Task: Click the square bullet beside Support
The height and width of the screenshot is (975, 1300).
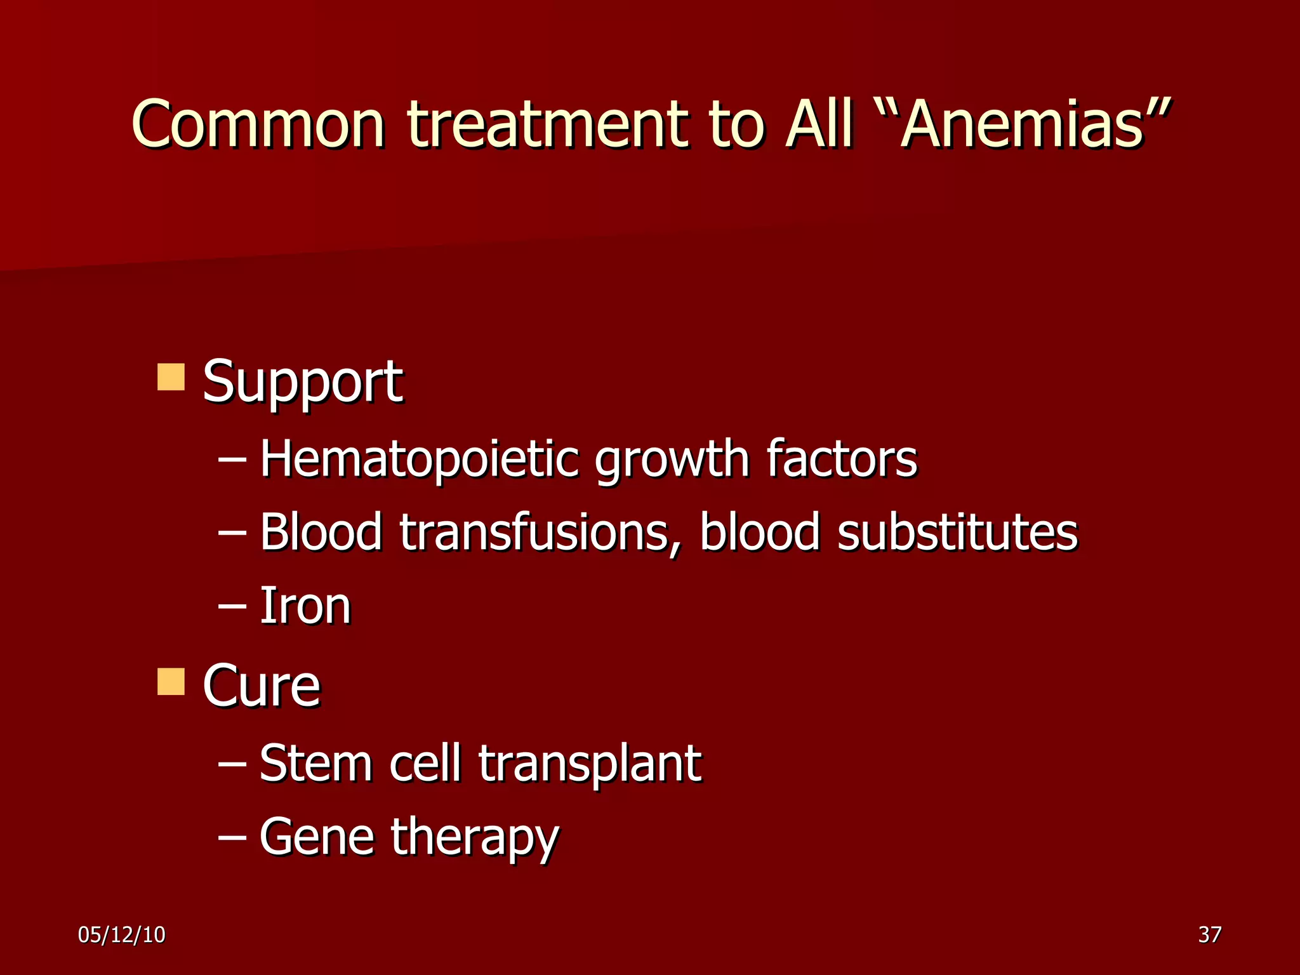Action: [x=171, y=377]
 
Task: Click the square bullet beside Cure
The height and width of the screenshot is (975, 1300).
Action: [x=171, y=681]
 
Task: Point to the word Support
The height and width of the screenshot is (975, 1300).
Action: [x=302, y=382]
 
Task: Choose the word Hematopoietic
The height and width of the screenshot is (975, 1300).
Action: [x=419, y=458]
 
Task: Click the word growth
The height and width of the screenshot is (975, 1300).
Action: [x=672, y=458]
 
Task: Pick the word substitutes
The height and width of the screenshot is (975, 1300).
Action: [x=957, y=532]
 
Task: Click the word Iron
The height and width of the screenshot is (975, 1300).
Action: [x=305, y=606]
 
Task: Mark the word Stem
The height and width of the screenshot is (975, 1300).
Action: [x=315, y=762]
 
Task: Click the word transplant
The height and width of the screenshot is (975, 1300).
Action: [x=590, y=764]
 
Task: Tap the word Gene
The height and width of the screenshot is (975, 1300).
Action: [x=315, y=837]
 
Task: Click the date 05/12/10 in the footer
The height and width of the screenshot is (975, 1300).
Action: [x=121, y=934]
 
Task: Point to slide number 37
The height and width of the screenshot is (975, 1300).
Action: [x=1209, y=934]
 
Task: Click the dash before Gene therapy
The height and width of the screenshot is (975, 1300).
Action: [x=232, y=837]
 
